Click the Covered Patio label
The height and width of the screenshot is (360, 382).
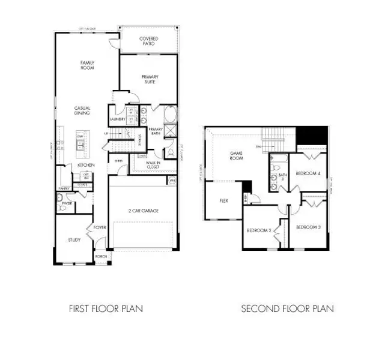(x=148, y=41)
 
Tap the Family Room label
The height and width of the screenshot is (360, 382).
(x=88, y=65)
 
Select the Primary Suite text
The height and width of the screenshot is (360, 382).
(x=148, y=79)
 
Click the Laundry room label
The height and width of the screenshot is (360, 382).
(x=118, y=119)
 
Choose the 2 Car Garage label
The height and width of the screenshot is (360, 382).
(x=143, y=211)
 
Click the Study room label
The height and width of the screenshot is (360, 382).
(x=74, y=240)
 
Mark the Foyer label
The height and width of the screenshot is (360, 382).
(x=99, y=227)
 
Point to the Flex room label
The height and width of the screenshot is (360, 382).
(x=223, y=201)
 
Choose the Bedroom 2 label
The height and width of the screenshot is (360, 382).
(x=259, y=230)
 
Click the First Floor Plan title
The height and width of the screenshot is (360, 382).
(x=106, y=309)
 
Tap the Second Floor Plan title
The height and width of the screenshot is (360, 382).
(x=287, y=309)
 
